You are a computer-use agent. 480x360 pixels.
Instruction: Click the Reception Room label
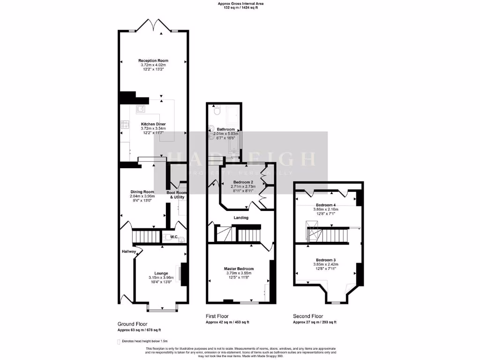pyautogui.click(x=153, y=60)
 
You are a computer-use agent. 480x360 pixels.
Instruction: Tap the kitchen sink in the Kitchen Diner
pyautogui.click(x=140, y=109)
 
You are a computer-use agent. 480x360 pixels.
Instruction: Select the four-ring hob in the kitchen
pyautogui.click(x=126, y=125)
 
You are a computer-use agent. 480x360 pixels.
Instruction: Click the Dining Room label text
pyautogui.click(x=142, y=192)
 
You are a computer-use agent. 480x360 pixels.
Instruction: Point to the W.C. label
pyautogui.click(x=173, y=237)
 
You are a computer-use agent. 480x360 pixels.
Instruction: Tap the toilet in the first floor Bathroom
pyautogui.click(x=216, y=112)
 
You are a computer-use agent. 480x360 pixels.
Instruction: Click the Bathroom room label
pyautogui.click(x=225, y=129)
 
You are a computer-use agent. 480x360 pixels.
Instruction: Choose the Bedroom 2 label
pyautogui.click(x=243, y=182)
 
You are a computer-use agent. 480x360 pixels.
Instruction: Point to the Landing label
pyautogui.click(x=241, y=217)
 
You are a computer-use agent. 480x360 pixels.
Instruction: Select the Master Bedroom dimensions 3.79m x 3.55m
pyautogui.click(x=239, y=273)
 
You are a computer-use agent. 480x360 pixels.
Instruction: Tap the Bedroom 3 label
pyautogui.click(x=325, y=260)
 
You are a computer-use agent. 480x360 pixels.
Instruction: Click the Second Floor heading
pyautogui.click(x=308, y=316)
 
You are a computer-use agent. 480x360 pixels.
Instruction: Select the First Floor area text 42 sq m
pyautogui.click(x=227, y=322)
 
